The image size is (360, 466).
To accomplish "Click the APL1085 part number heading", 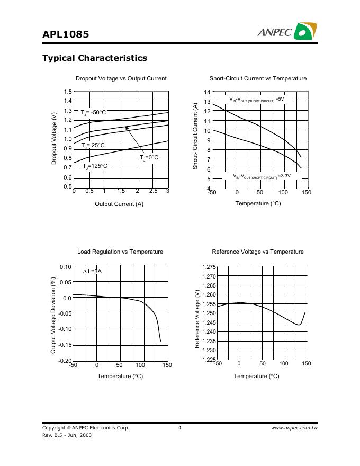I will [x=66, y=34].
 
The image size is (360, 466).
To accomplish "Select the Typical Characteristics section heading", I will [x=94, y=58].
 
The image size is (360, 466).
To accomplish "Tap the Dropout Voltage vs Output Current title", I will [x=121, y=78].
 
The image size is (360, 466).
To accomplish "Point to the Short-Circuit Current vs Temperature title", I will [x=258, y=78].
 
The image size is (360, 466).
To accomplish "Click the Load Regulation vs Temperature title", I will [x=120, y=252].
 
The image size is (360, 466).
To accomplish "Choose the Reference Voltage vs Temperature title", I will [x=258, y=252].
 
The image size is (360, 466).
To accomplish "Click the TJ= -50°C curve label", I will [x=94, y=112].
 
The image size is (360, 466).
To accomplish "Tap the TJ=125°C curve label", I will [x=95, y=166].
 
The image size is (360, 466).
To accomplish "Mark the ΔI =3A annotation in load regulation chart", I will [x=92, y=271].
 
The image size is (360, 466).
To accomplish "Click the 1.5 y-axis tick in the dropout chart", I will [x=67, y=92].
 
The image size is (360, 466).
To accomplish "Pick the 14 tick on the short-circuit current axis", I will [x=208, y=92].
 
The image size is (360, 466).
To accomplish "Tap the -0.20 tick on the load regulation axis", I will [x=65, y=361].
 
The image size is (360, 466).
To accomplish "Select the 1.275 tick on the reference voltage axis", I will [x=209, y=267].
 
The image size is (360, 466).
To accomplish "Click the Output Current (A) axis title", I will [x=119, y=204].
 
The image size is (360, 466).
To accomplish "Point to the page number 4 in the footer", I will [x=180, y=427].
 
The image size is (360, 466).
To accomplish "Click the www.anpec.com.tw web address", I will [x=294, y=427].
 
